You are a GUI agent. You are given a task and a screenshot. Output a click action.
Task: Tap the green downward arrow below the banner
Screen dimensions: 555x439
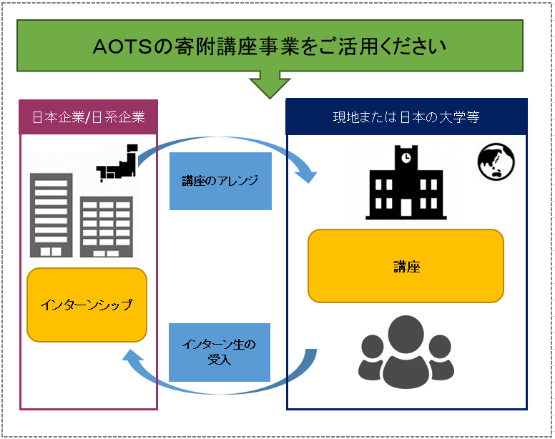(x=270, y=85)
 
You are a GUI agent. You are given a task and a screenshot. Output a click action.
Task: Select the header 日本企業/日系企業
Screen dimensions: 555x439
(x=89, y=117)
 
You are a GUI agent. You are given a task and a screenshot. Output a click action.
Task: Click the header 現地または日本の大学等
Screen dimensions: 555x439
(x=406, y=117)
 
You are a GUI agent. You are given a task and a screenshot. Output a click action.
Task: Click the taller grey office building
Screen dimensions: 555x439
(x=51, y=215)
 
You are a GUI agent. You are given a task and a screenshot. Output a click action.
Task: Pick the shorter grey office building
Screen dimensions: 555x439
(x=107, y=227)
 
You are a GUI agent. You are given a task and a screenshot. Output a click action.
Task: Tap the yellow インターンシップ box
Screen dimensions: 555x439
(x=87, y=305)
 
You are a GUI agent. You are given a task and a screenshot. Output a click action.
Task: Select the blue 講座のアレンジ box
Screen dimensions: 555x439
(x=220, y=181)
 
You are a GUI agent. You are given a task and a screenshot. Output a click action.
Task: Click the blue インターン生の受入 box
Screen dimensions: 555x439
(x=220, y=352)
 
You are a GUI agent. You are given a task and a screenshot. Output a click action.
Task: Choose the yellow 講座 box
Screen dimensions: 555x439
(x=406, y=266)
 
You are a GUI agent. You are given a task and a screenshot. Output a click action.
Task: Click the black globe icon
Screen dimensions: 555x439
(x=496, y=162)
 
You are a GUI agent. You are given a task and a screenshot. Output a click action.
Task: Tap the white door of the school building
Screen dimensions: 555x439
(x=406, y=207)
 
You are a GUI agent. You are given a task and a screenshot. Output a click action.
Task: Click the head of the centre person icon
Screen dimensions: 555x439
(x=406, y=335)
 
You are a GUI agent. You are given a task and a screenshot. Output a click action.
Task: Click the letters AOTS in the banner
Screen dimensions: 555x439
(x=122, y=46)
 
